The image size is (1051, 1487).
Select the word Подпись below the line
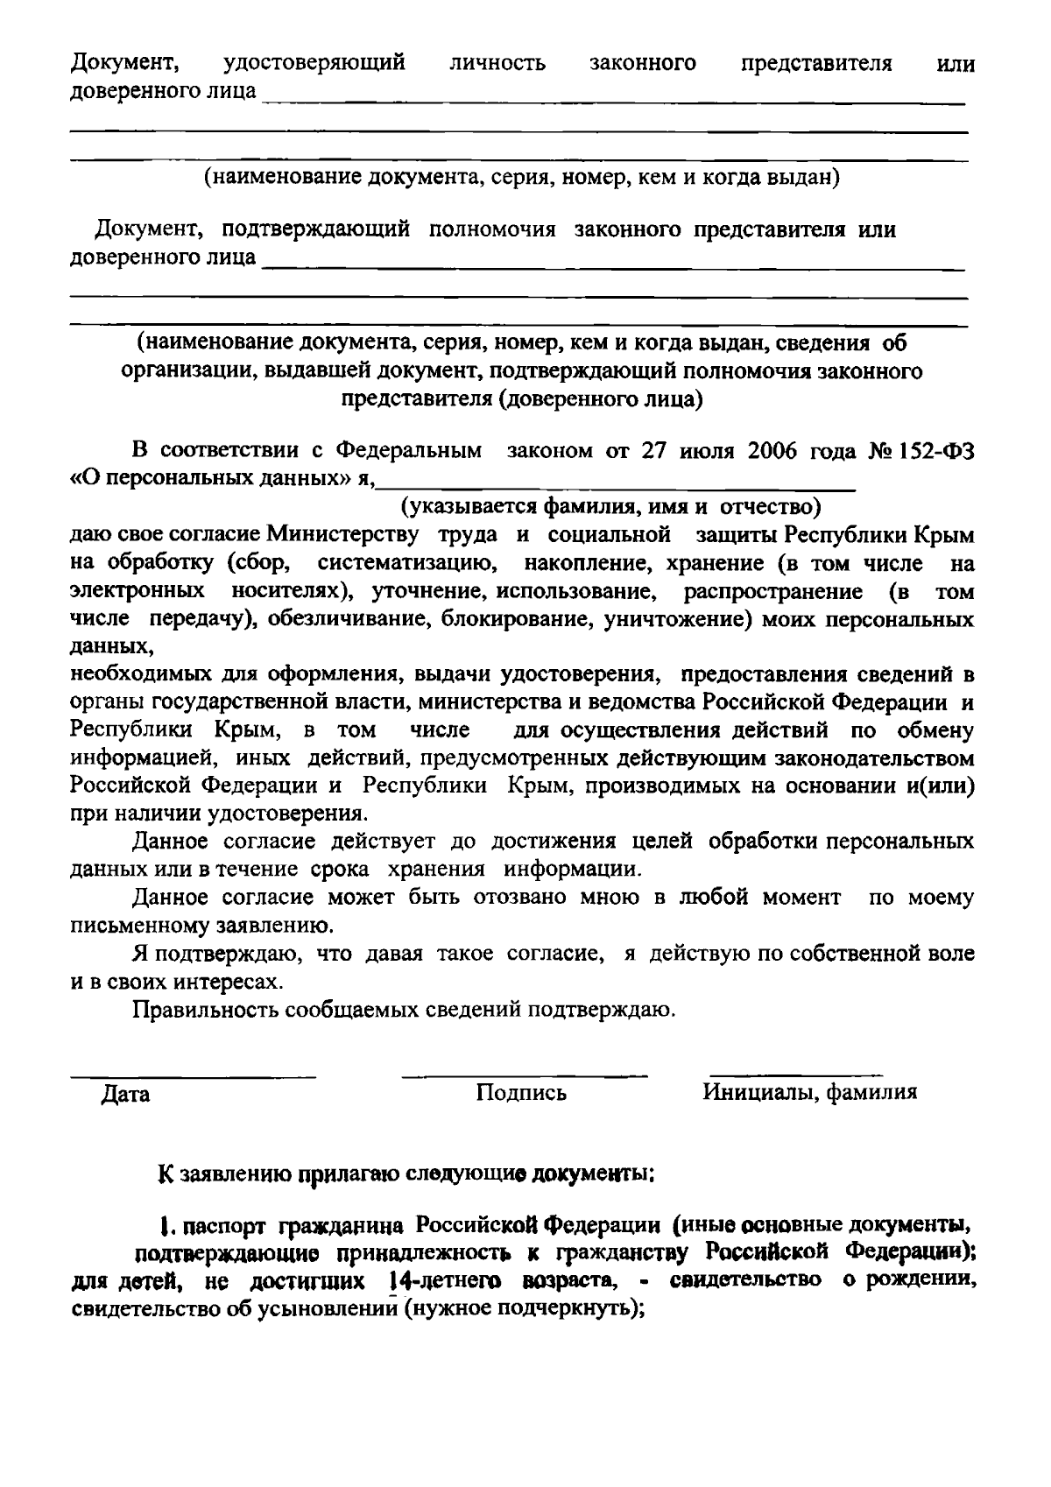(x=521, y=1093)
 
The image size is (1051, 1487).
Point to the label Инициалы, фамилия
(x=809, y=1092)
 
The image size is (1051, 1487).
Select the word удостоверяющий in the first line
(x=314, y=64)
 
